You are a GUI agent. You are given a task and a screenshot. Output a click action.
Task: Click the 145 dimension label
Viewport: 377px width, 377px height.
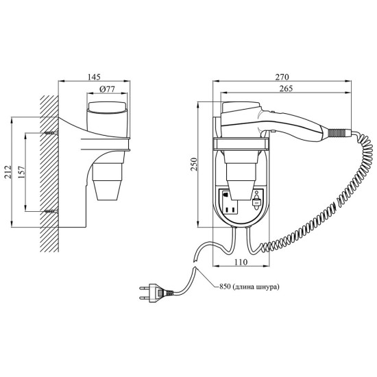(94, 77)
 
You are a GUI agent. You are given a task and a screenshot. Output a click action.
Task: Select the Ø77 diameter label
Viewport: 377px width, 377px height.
(107, 89)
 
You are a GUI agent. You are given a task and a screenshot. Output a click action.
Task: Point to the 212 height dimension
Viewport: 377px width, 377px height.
(8, 171)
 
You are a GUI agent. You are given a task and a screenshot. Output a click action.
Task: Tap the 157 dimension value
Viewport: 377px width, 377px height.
(21, 171)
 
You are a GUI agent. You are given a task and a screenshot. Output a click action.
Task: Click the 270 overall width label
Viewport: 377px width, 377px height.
(282, 77)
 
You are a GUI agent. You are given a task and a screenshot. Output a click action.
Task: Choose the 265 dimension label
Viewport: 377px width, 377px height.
(286, 88)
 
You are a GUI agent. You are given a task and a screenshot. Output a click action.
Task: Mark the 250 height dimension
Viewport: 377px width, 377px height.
(194, 165)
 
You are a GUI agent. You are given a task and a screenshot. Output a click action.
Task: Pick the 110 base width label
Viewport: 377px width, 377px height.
(241, 262)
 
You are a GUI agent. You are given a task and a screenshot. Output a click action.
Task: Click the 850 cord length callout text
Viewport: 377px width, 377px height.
(249, 287)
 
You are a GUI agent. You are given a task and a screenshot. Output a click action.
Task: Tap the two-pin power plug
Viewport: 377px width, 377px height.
(156, 293)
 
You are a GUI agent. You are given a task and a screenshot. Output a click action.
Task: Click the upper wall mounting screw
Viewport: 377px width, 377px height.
(51, 133)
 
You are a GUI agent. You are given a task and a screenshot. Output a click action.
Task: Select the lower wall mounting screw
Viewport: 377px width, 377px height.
(51, 211)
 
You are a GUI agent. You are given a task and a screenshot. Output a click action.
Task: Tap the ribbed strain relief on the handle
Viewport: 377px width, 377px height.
(337, 132)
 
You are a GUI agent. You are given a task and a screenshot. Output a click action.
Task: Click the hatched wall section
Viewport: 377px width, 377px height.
(49, 173)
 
